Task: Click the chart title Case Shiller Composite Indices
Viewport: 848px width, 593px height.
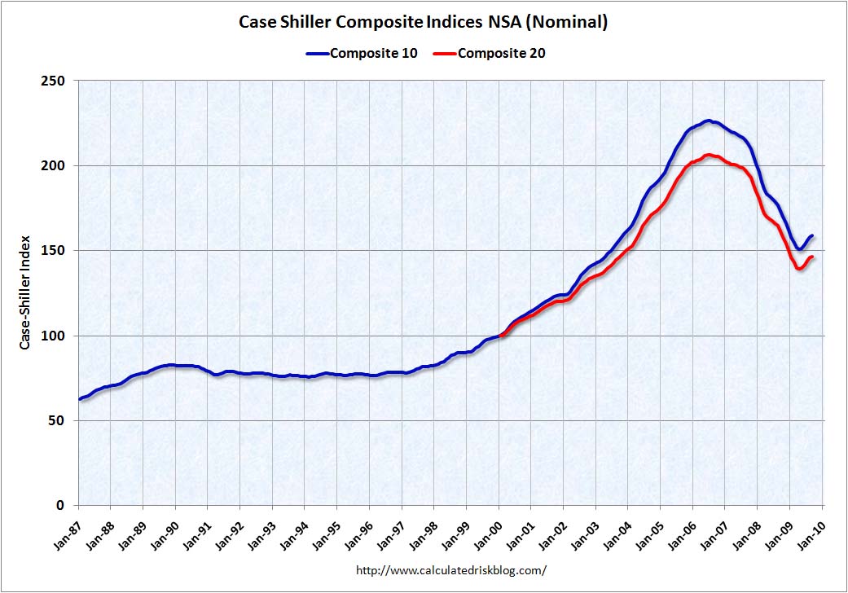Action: pyautogui.click(x=423, y=22)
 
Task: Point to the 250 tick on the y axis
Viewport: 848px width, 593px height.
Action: pyautogui.click(x=56, y=81)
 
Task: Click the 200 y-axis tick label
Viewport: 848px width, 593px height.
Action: pyautogui.click(x=56, y=165)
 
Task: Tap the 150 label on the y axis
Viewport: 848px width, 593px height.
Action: pyautogui.click(x=56, y=251)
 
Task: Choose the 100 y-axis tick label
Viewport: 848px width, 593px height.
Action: pyautogui.click(x=56, y=336)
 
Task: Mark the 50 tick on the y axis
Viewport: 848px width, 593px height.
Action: pyautogui.click(x=59, y=421)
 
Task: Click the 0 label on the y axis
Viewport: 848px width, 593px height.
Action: pyautogui.click(x=63, y=506)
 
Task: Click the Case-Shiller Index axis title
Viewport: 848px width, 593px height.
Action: pyautogui.click(x=25, y=292)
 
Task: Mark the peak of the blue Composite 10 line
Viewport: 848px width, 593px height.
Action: pyautogui.click(x=709, y=121)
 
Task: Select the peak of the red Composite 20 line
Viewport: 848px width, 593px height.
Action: pyautogui.click(x=709, y=155)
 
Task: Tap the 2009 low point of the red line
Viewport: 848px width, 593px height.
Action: pyautogui.click(x=800, y=268)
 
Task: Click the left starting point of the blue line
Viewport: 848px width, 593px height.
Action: pyautogui.click(x=79, y=399)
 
